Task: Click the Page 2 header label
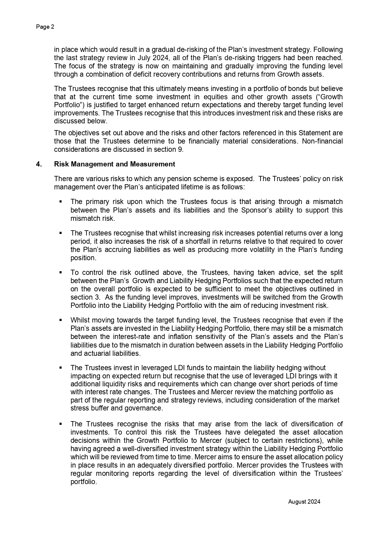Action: [x=45, y=27]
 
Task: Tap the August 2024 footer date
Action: [x=304, y=501]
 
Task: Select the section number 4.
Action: [x=38, y=164]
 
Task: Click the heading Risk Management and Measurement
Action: [x=115, y=164]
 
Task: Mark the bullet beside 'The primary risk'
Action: [x=61, y=202]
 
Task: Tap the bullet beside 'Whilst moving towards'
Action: [x=61, y=320]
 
